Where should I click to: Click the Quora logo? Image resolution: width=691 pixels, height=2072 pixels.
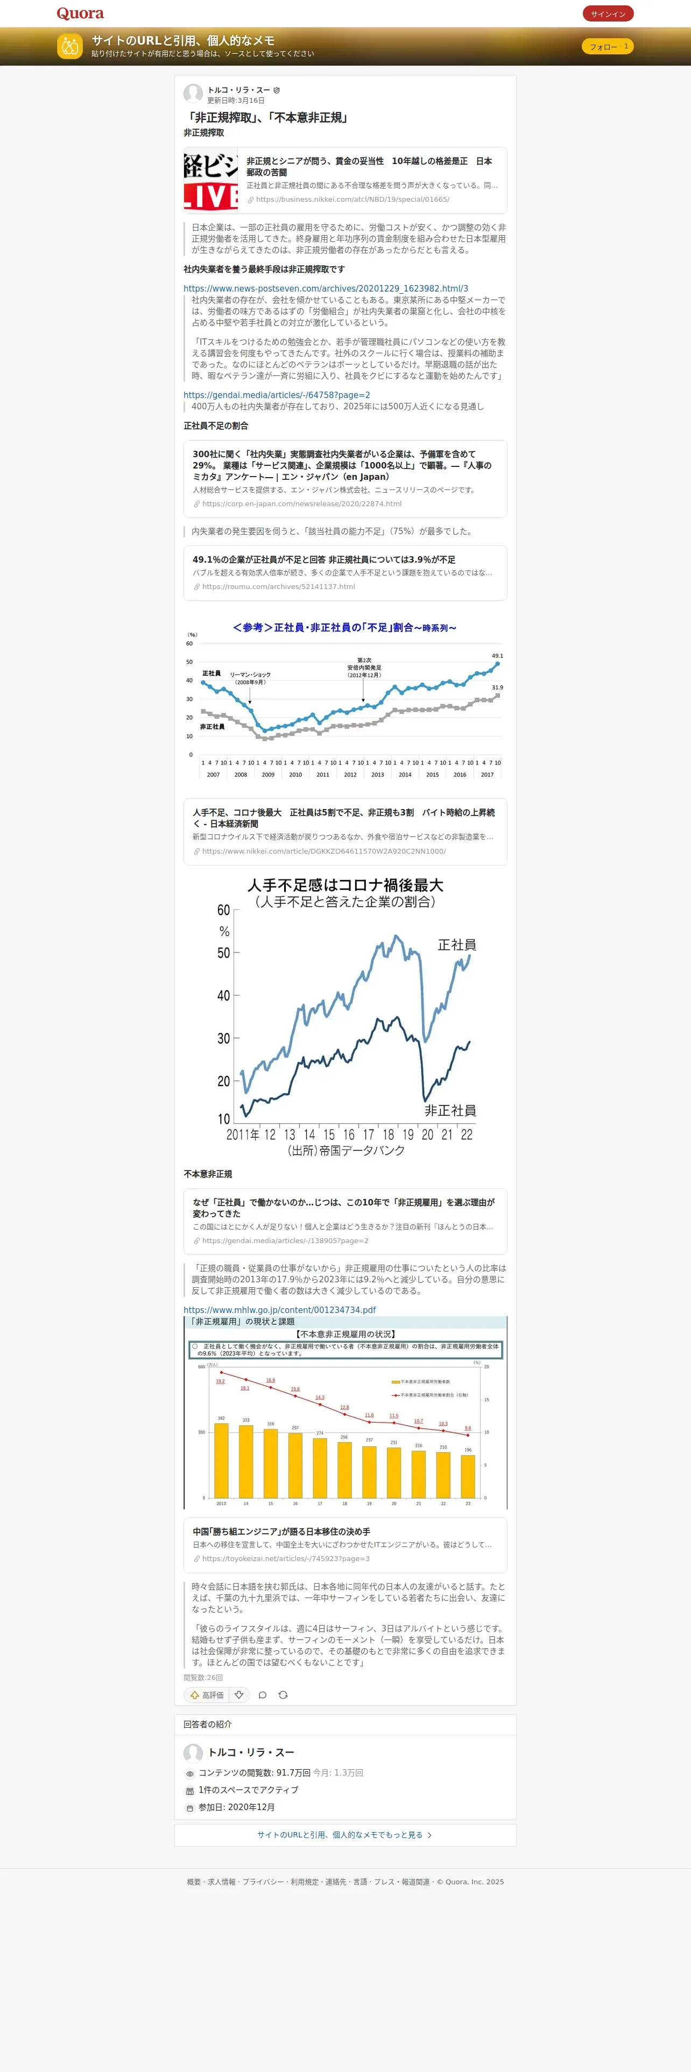(80, 13)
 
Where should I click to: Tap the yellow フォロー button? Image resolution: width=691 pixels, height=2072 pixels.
(607, 47)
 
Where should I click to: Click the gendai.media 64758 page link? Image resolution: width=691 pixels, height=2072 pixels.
(276, 395)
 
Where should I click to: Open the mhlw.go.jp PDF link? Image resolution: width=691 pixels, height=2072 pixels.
(279, 1309)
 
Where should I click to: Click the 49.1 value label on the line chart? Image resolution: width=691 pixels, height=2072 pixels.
(497, 656)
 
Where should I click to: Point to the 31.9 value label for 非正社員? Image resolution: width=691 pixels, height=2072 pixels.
(497, 688)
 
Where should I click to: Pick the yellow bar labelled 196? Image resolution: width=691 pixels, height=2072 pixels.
(467, 1476)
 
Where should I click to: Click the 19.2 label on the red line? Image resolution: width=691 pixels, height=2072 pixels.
(221, 1381)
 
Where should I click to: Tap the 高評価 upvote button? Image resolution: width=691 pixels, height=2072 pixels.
(207, 1695)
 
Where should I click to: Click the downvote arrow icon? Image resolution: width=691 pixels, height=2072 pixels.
(239, 1695)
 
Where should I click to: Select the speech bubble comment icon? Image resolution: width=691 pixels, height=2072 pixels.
(262, 1695)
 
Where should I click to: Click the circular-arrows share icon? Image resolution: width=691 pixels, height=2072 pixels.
(283, 1695)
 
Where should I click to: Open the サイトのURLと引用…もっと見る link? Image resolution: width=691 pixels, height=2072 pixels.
(344, 1835)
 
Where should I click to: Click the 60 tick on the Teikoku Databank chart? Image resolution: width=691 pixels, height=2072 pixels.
(224, 910)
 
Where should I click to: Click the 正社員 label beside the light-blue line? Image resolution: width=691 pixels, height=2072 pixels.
(456, 945)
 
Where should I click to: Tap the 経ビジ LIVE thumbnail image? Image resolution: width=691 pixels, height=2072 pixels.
(211, 182)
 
